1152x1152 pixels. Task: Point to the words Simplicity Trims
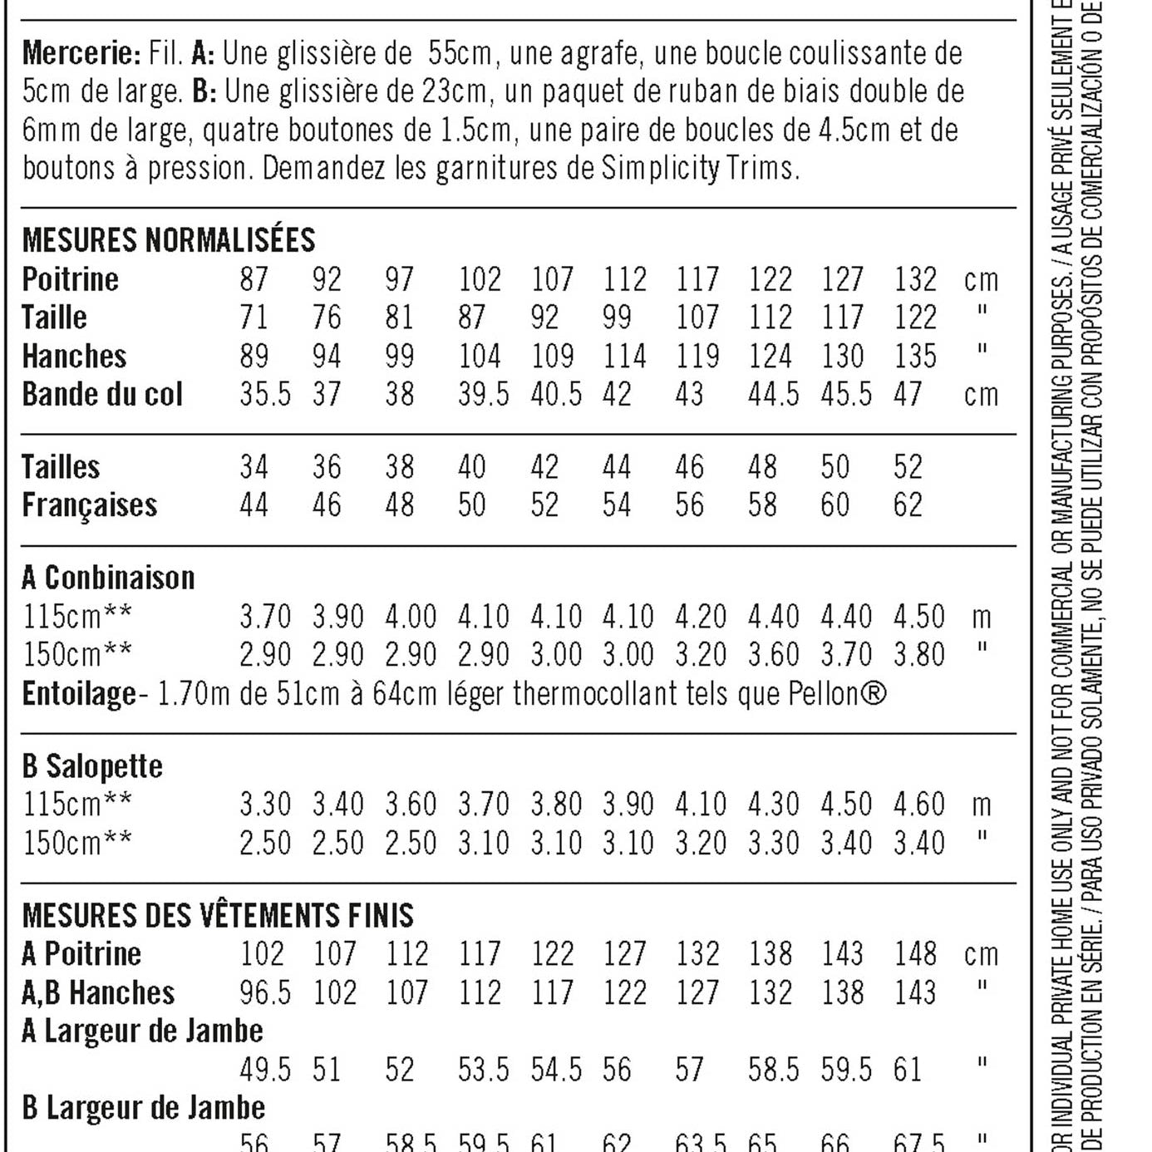click(698, 168)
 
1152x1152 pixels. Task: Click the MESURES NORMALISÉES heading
click(169, 240)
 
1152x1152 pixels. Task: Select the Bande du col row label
click(102, 394)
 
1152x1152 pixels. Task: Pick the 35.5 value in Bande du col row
click(265, 394)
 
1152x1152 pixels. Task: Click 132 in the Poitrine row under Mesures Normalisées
click(915, 279)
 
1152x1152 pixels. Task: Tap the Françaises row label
click(90, 505)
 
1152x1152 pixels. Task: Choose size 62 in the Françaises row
click(908, 505)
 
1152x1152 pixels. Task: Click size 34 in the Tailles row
click(254, 467)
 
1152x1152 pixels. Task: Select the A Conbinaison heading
click(108, 578)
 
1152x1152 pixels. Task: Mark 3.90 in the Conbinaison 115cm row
click(337, 617)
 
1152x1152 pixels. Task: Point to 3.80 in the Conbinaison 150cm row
click(918, 655)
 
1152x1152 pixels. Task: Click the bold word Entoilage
click(79, 693)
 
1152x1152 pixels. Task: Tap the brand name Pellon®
click(837, 693)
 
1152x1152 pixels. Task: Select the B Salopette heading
click(92, 766)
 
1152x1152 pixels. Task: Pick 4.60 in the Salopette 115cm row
click(918, 805)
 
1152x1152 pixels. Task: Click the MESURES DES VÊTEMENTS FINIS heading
click(218, 916)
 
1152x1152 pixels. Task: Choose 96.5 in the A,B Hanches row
click(265, 992)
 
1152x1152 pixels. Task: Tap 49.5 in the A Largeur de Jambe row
click(265, 1070)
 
